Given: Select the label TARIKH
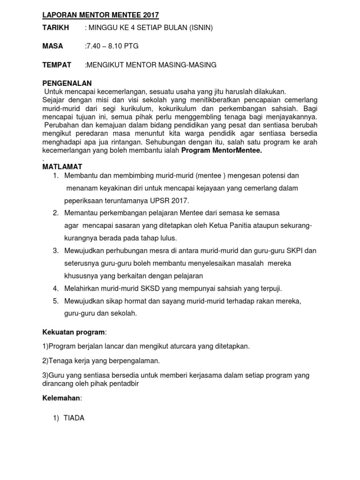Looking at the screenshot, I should pyautogui.click(x=56, y=28).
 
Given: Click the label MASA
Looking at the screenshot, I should pyautogui.click(x=52, y=46).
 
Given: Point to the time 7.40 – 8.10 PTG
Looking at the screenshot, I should pyautogui.click(x=112, y=46).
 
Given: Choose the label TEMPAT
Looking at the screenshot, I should pyautogui.click(x=57, y=65).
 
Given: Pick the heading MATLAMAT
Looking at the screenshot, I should pyautogui.click(x=62, y=167).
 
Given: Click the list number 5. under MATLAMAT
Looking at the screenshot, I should pyautogui.click(x=56, y=301).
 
